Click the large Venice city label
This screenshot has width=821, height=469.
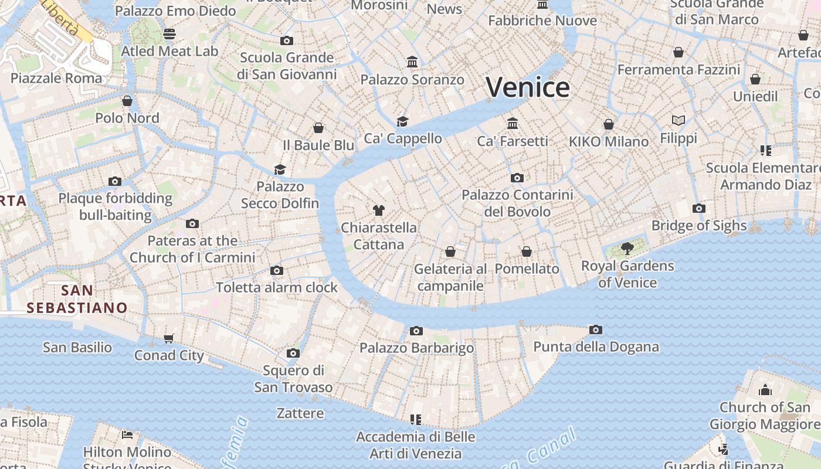[x=527, y=87]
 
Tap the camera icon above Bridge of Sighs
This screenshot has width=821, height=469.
[x=698, y=209]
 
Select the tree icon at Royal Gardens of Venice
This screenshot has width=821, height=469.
[x=627, y=248]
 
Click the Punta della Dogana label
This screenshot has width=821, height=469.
[x=596, y=346]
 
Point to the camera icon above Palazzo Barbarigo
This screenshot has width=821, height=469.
[x=416, y=331]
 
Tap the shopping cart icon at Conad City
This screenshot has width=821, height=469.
[x=169, y=338]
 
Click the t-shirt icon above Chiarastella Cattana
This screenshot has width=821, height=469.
[x=378, y=210]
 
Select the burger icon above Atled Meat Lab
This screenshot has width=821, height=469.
[x=169, y=34]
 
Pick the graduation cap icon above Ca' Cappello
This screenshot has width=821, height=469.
[x=402, y=121]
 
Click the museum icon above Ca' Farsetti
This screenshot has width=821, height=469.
[x=513, y=124]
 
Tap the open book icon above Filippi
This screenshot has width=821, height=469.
[x=678, y=121]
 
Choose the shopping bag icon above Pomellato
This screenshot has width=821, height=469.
[x=527, y=252]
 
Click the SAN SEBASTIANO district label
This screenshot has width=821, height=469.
[x=77, y=298]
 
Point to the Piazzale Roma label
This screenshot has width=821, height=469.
[x=56, y=78]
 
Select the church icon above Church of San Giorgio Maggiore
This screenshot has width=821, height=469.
[x=765, y=390]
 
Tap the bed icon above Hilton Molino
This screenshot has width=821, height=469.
[x=127, y=435]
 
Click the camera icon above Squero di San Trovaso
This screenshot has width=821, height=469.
[x=293, y=354]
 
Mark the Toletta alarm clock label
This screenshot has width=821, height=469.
[x=277, y=287]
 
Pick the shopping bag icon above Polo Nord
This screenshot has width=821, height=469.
[x=127, y=101]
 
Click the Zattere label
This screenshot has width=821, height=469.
[x=300, y=413]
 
